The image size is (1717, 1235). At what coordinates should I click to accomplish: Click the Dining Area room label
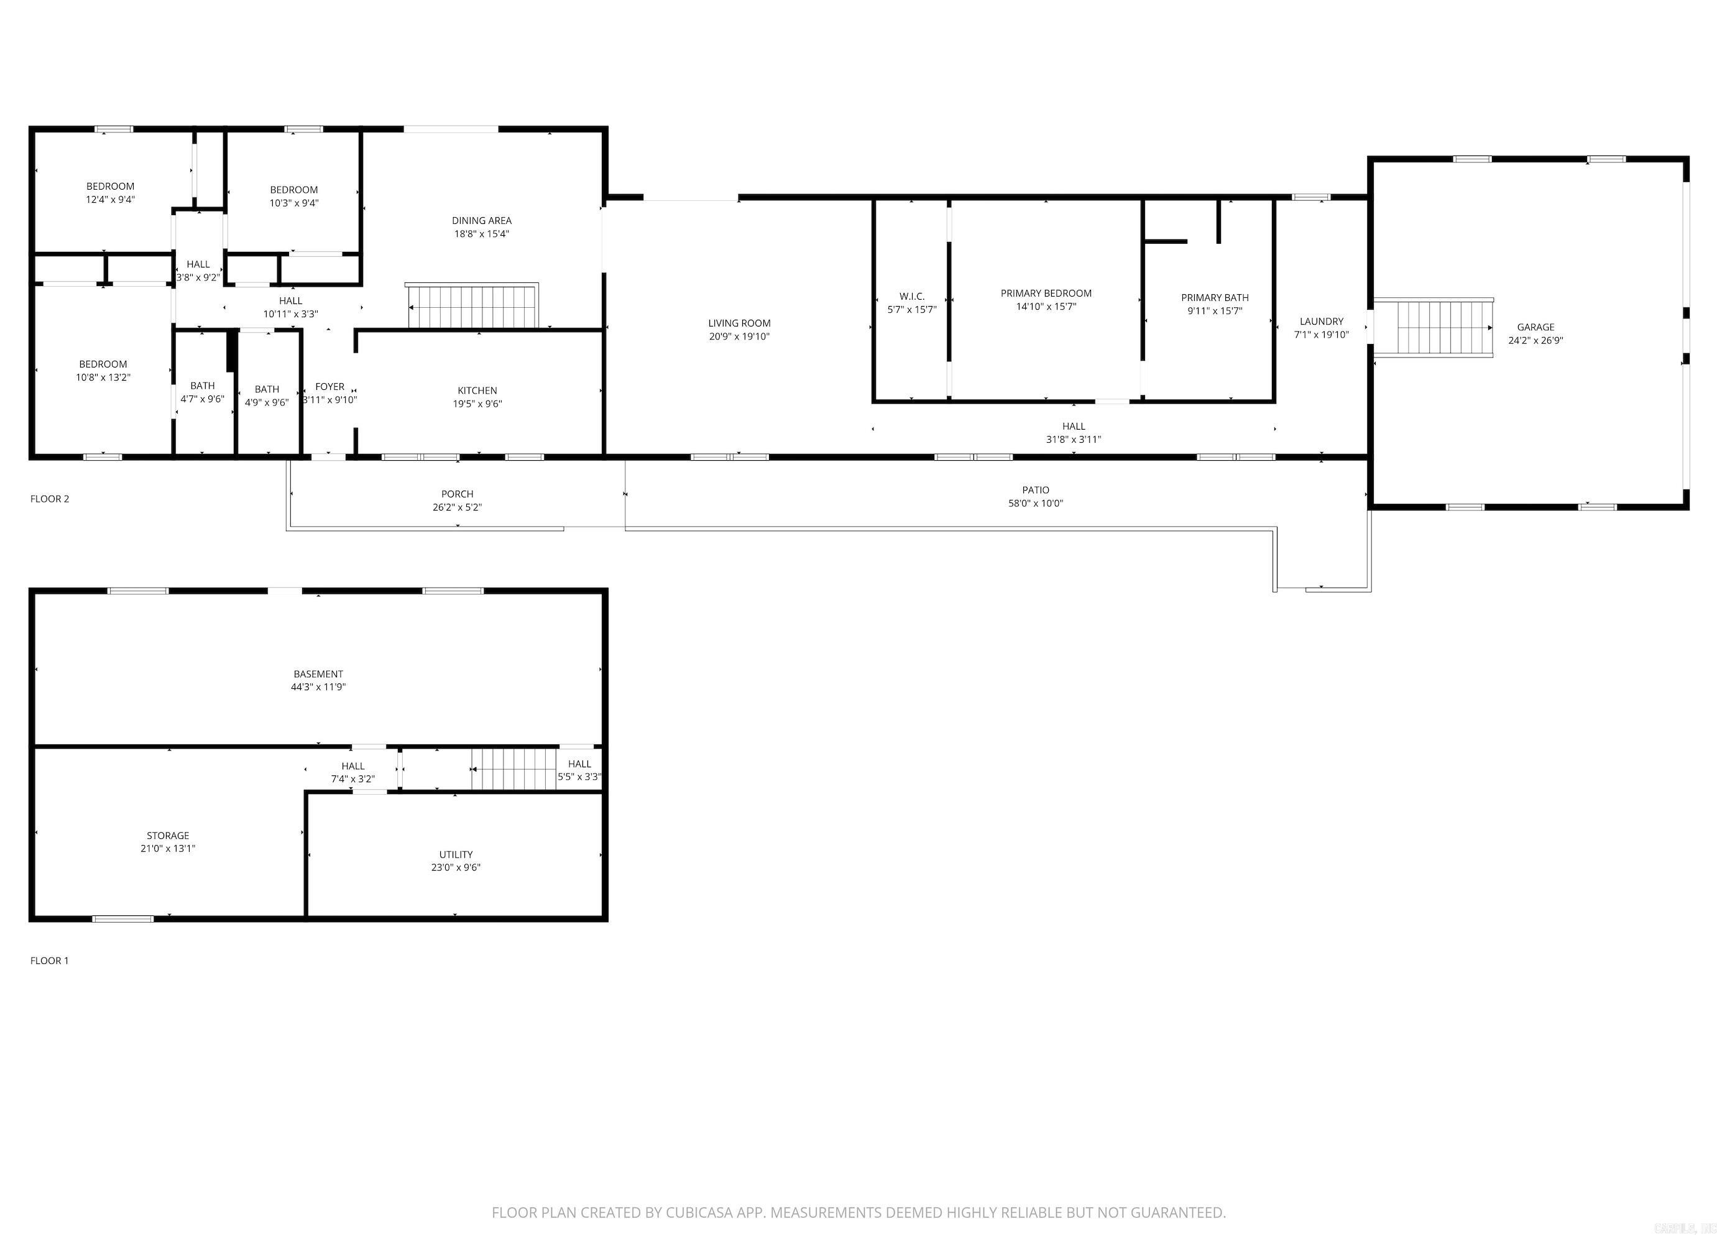point(482,220)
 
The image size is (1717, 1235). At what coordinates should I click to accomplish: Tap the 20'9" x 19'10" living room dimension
point(739,336)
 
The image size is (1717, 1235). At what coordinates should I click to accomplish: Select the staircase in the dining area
point(473,307)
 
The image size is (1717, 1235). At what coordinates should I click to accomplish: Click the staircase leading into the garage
point(1433,328)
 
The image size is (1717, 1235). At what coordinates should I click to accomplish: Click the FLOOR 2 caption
point(50,498)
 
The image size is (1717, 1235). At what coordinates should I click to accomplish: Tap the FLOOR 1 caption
point(50,960)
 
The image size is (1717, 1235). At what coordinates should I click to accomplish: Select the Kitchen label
point(477,391)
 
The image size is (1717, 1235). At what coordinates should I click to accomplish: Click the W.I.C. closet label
point(911,296)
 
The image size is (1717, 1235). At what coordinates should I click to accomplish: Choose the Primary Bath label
point(1214,298)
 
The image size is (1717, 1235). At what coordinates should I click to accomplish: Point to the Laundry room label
point(1321,321)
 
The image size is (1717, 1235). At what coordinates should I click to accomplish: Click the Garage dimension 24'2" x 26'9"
point(1535,341)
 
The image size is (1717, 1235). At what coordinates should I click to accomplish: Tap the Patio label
point(1035,490)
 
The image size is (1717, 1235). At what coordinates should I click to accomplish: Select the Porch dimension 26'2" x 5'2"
point(458,507)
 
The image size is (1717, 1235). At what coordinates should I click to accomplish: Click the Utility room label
point(456,854)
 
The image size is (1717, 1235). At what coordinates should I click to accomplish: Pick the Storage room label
point(168,835)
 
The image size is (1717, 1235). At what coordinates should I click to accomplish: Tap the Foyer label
point(329,386)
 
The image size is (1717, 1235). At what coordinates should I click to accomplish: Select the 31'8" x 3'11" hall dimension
point(1073,439)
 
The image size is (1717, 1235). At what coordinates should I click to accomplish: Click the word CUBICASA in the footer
point(699,1212)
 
